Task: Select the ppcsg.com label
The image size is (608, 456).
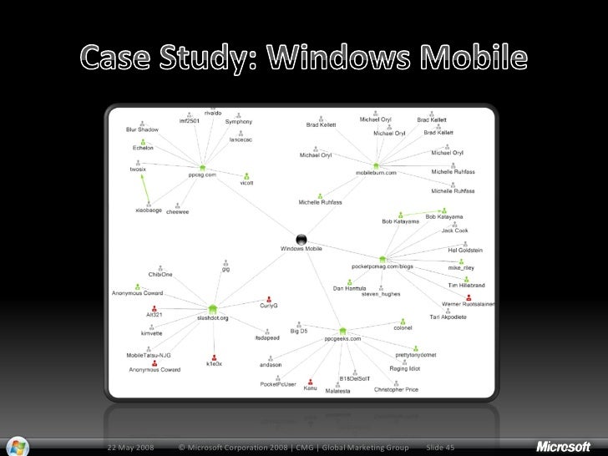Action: point(202,175)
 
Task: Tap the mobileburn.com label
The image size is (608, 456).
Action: point(376,173)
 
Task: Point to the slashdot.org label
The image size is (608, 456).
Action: point(212,318)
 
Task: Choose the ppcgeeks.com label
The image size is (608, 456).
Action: point(342,339)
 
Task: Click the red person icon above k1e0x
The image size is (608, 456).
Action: point(214,355)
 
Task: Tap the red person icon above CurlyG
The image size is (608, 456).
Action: point(268,299)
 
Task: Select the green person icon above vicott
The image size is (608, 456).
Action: point(247,176)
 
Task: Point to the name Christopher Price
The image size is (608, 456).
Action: point(396,390)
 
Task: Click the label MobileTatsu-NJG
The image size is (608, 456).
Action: point(149,355)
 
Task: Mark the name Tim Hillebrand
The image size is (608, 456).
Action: point(466,286)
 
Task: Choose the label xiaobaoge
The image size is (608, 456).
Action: point(148,210)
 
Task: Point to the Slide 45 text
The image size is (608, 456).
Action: point(440,448)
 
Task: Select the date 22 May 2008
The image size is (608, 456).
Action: point(129,448)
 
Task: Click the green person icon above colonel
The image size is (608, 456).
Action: point(403,321)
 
